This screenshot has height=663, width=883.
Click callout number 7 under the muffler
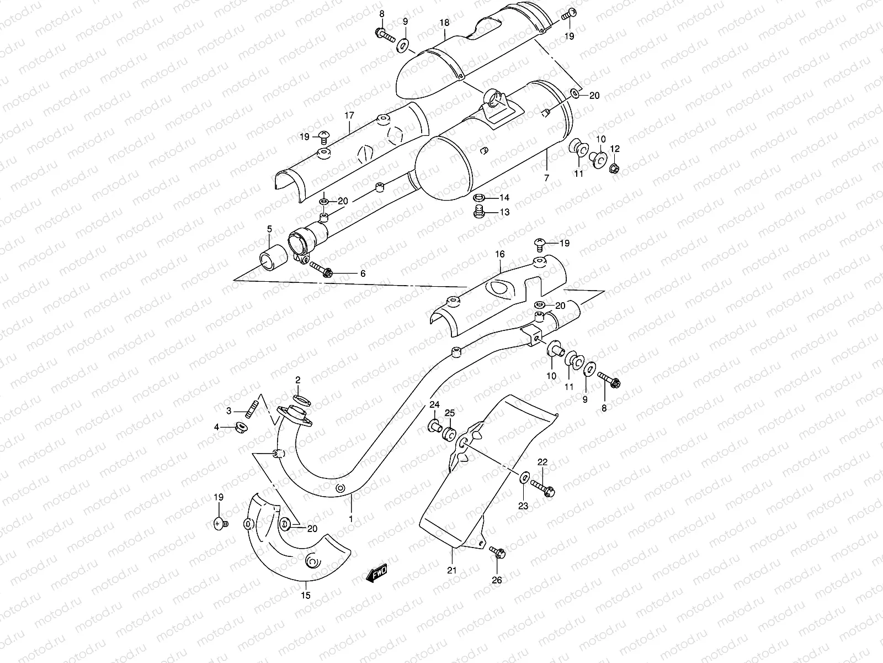pyautogui.click(x=546, y=178)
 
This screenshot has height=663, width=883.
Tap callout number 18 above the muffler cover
pyautogui.click(x=445, y=23)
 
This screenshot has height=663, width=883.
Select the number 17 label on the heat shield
pyautogui.click(x=349, y=116)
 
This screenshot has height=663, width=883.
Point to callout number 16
pyautogui.click(x=500, y=254)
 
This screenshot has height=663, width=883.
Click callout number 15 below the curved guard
pyautogui.click(x=306, y=595)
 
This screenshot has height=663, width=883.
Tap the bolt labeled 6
pyautogui.click(x=322, y=270)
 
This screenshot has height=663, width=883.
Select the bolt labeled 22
pyautogui.click(x=543, y=488)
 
